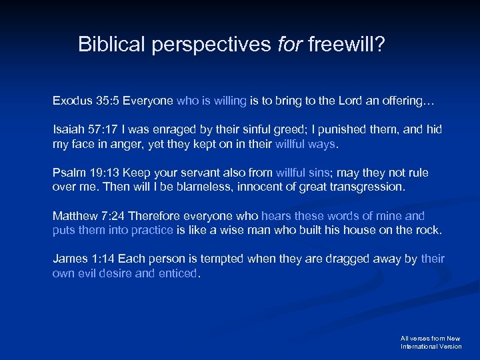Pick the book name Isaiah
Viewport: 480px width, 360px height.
(x=67, y=129)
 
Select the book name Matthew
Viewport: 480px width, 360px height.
(x=74, y=216)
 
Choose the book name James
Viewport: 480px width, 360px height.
(x=69, y=259)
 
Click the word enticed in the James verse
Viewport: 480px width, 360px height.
(x=177, y=273)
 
